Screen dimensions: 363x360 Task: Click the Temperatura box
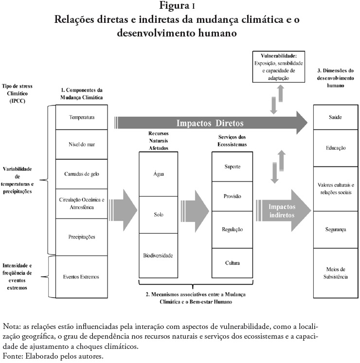(82, 118)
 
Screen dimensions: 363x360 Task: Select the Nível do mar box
(82, 145)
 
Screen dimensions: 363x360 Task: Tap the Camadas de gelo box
(82, 174)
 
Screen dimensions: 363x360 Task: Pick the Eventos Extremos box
(82, 276)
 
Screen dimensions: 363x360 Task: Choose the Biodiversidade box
(158, 255)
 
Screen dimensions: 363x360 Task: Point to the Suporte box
(233, 167)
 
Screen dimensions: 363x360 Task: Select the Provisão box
(233, 196)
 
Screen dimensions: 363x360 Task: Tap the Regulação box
(233, 229)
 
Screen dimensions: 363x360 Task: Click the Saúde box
(336, 117)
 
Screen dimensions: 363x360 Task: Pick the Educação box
(336, 148)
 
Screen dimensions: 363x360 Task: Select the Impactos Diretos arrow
(209, 123)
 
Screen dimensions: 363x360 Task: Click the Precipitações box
(82, 237)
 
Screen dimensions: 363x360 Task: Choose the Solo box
(158, 214)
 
